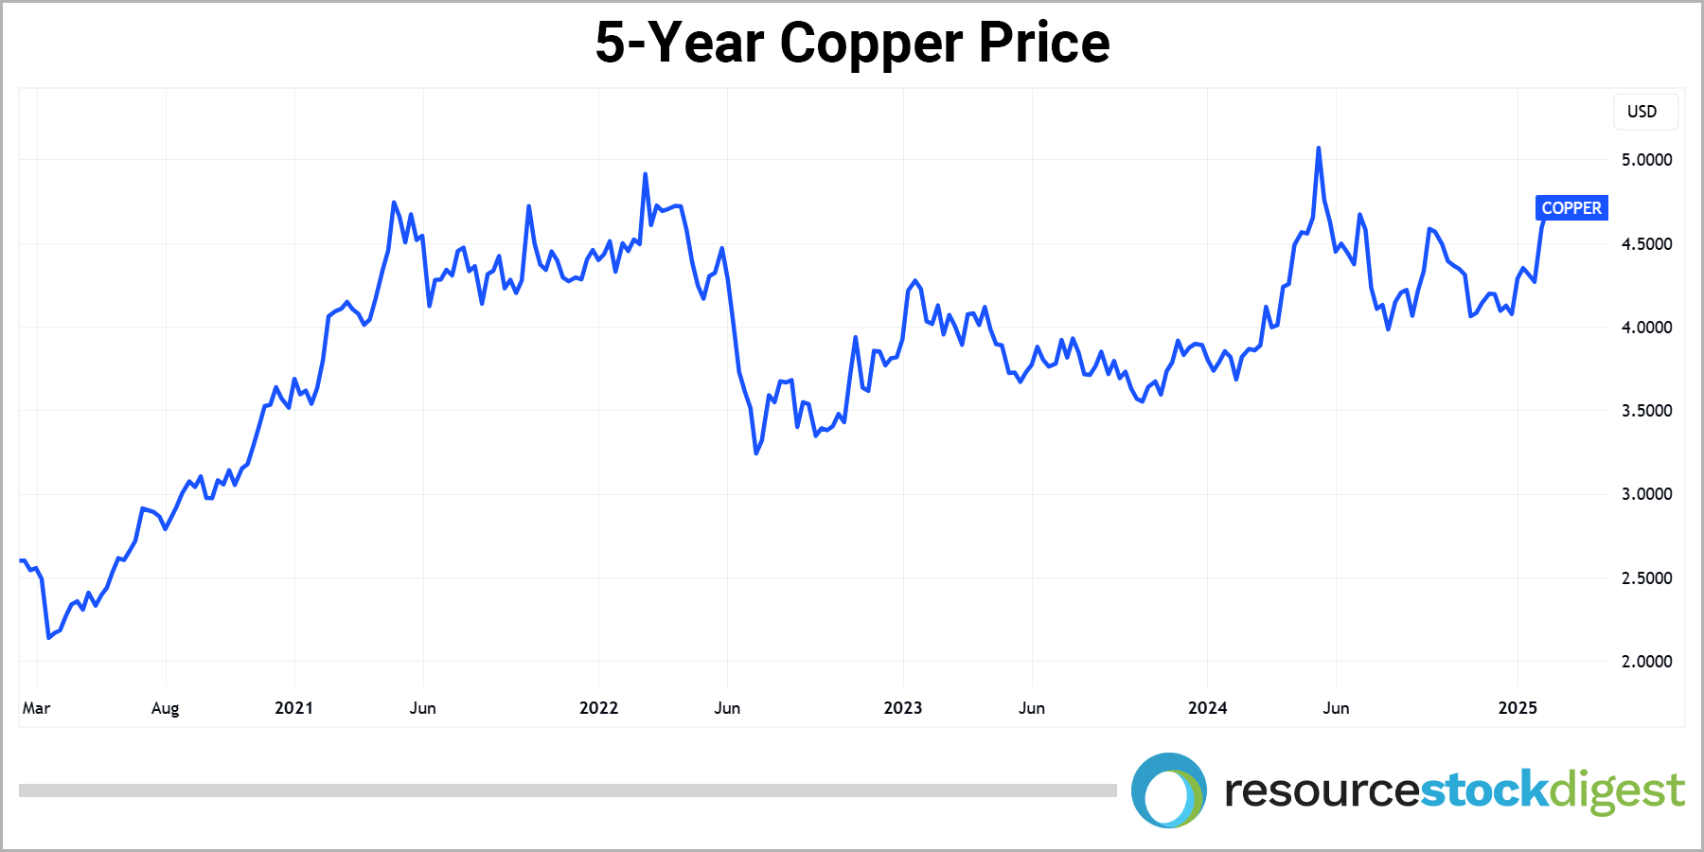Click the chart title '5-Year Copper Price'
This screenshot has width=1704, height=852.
click(852, 44)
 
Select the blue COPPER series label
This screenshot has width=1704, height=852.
click(1571, 208)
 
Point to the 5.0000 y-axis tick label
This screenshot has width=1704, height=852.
click(1646, 160)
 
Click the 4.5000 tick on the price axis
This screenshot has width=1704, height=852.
click(1646, 244)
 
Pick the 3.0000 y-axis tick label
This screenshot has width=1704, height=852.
click(1646, 494)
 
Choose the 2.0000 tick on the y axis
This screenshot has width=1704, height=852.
click(1646, 662)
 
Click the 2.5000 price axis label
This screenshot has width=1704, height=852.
click(1646, 578)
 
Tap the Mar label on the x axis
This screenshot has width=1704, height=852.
click(36, 708)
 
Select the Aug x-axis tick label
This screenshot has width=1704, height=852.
click(165, 708)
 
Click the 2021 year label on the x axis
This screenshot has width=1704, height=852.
click(293, 708)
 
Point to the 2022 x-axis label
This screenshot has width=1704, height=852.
click(598, 708)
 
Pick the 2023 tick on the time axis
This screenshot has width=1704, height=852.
click(902, 708)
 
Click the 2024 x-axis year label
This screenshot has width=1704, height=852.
click(1207, 708)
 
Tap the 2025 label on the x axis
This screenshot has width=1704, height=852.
click(1518, 708)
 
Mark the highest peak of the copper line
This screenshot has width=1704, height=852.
click(1319, 149)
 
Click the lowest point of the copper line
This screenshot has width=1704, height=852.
click(49, 637)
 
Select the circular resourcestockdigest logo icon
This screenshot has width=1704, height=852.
click(1169, 790)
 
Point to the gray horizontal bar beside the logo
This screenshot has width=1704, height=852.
click(568, 790)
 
